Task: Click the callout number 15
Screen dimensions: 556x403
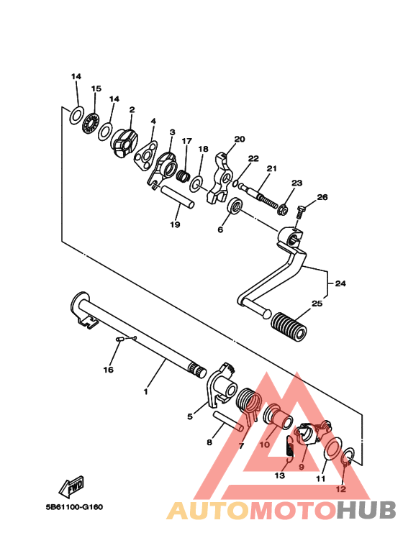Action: (x=96, y=88)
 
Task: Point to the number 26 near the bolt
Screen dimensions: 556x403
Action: (x=322, y=197)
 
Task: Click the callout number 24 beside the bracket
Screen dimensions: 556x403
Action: (x=340, y=283)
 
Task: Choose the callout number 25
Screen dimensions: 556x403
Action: (x=317, y=304)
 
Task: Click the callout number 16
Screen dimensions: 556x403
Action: (x=108, y=370)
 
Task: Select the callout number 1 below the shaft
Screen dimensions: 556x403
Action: (x=145, y=392)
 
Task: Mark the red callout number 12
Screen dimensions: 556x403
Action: (x=341, y=489)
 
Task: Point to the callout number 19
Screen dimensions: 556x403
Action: (x=175, y=224)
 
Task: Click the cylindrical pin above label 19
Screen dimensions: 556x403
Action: (x=177, y=197)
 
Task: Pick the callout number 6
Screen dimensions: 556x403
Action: (x=220, y=230)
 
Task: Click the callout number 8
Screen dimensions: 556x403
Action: (x=209, y=442)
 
